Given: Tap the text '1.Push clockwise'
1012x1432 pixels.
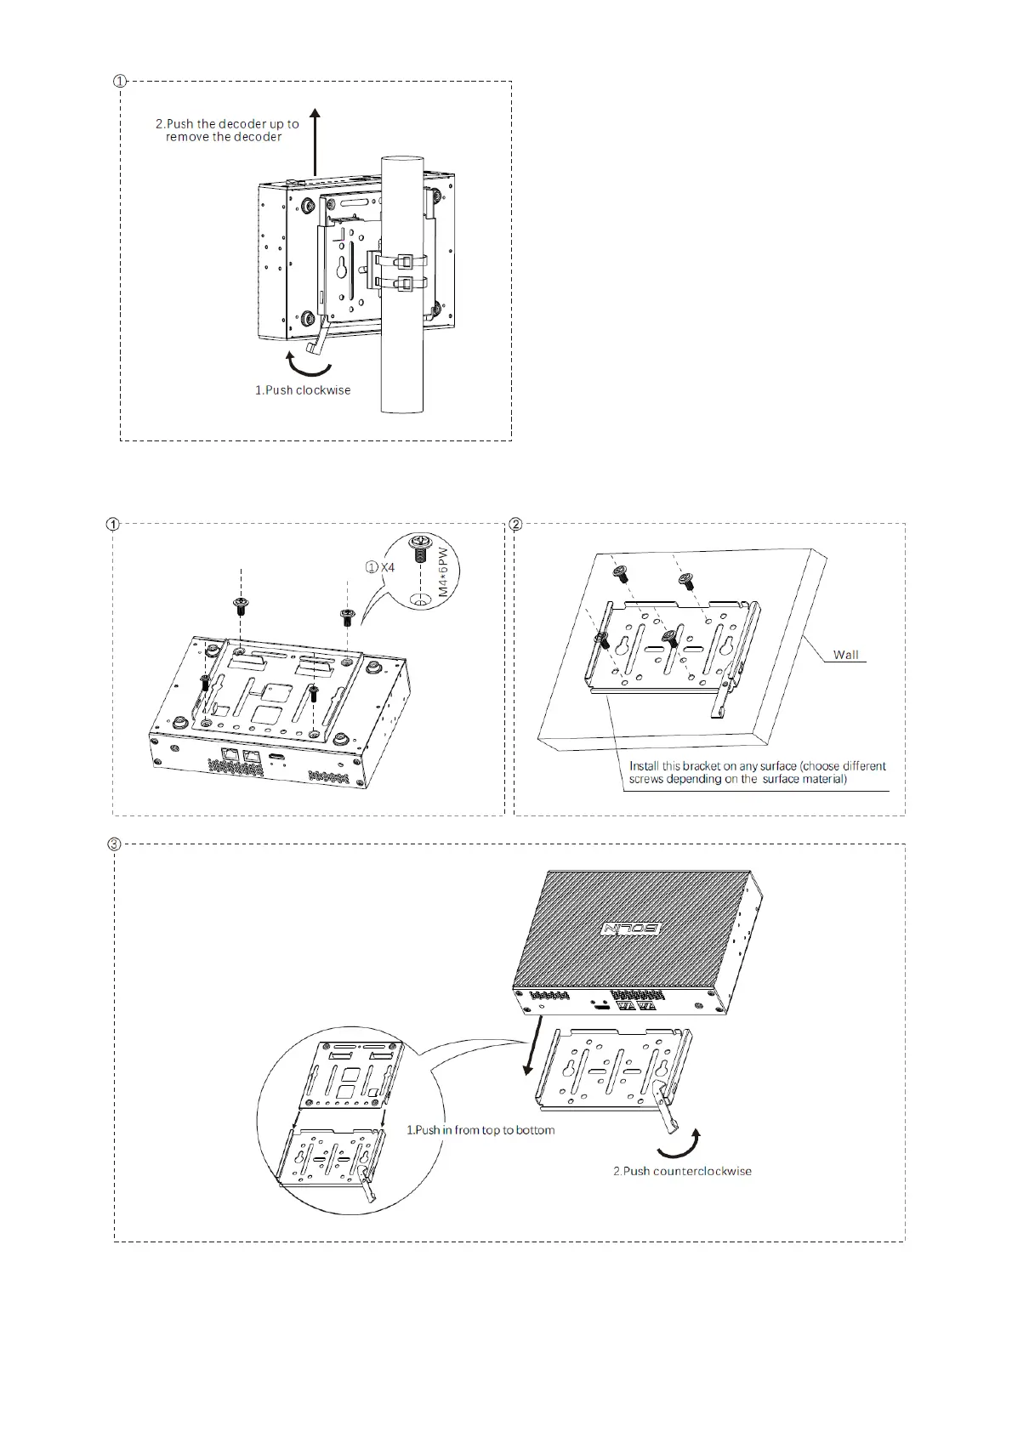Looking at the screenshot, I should click(x=303, y=390).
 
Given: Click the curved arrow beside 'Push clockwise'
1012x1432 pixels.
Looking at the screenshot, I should click(x=308, y=366).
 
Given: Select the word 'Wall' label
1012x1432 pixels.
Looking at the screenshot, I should click(x=845, y=655).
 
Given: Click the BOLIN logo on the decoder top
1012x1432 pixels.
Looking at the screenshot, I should click(x=631, y=929).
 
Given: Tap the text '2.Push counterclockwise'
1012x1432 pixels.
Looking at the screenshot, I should click(x=682, y=1171).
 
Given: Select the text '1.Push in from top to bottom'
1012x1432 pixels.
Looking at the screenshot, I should click(x=480, y=1130).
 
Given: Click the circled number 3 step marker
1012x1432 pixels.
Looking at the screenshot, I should click(x=114, y=844).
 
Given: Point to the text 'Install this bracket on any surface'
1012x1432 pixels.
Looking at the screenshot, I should click(x=757, y=766).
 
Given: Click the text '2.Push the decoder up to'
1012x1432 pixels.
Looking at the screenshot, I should click(x=227, y=124).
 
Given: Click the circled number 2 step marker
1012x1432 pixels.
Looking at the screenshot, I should click(x=515, y=524).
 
